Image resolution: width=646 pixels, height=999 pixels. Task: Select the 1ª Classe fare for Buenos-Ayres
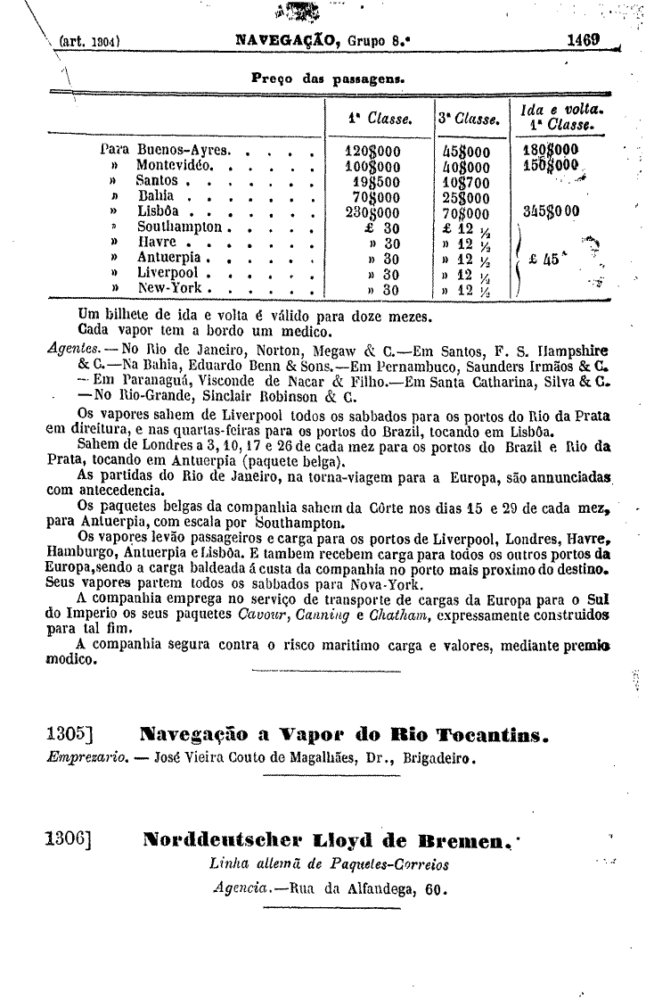tap(372, 151)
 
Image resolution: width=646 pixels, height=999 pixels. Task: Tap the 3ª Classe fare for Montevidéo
tap(465, 166)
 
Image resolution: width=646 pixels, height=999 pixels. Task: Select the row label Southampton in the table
tap(179, 227)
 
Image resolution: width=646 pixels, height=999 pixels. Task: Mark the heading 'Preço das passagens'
tap(329, 78)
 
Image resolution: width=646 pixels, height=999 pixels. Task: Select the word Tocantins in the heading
tap(490, 737)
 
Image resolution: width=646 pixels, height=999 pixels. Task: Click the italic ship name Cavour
tap(263, 614)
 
